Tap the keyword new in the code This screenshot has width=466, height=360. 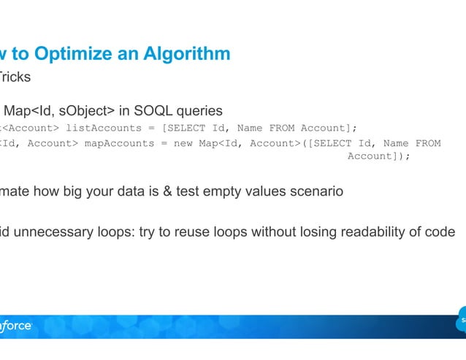point(183,143)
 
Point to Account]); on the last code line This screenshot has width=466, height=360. point(378,156)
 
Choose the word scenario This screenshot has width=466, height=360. point(316,192)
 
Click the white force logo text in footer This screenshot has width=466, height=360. point(16,326)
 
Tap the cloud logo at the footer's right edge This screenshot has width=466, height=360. point(461,322)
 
